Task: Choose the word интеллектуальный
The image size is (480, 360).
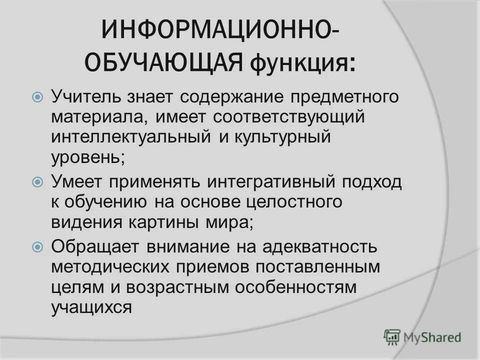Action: click(x=132, y=137)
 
